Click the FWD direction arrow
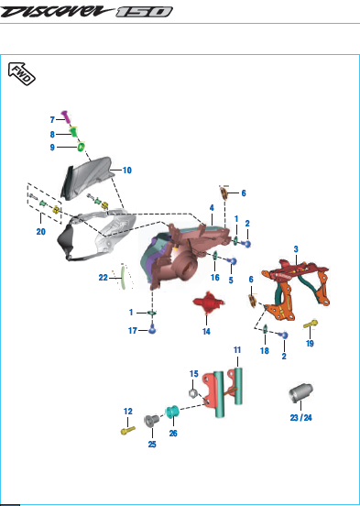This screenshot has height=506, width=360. tap(21, 73)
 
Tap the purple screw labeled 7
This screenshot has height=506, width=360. tap(65, 116)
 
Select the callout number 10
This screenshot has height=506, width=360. tap(127, 170)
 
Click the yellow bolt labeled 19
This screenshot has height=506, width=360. tap(311, 324)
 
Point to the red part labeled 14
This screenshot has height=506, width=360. tap(208, 302)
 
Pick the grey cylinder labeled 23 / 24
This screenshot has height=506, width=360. tap(300, 393)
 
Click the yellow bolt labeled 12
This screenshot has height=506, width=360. tap(127, 430)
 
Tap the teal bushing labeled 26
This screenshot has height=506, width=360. tap(172, 412)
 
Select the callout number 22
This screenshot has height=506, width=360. tap(103, 278)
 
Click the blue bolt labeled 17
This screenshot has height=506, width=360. tap(152, 330)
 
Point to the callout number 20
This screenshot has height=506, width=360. tap(40, 231)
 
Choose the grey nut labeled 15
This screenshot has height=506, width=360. tap(192, 392)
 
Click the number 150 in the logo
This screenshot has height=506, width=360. tap(144, 12)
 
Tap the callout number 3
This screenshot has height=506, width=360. tap(296, 249)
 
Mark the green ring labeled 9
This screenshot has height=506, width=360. tap(81, 148)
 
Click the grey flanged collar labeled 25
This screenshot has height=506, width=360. tap(152, 421)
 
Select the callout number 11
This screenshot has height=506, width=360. tap(237, 350)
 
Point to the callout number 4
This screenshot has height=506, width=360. tap(212, 208)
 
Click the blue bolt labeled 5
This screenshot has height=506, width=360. tap(233, 261)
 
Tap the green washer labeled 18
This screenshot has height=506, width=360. tap(265, 329)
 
